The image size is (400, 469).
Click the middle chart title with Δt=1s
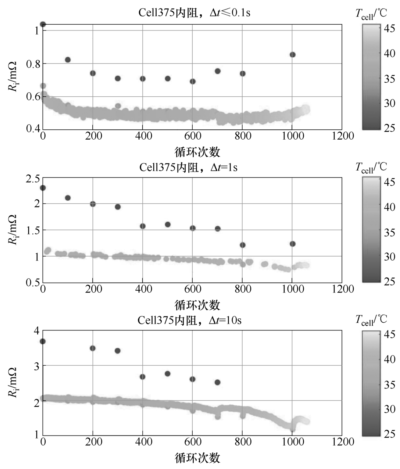tap(188, 167)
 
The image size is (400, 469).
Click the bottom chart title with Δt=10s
tap(189, 320)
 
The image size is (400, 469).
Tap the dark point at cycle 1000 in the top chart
tap(293, 55)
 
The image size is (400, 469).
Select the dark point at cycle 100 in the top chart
tap(68, 60)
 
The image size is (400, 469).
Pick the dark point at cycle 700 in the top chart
tap(218, 71)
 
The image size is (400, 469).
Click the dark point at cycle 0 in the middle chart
tap(43, 188)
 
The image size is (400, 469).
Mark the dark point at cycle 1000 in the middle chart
tap(293, 244)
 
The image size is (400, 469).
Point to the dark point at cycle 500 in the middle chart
tap(168, 225)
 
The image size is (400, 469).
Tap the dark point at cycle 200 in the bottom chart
tap(93, 348)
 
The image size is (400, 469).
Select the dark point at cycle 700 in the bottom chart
tap(218, 382)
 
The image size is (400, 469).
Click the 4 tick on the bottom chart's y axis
tap(36, 330)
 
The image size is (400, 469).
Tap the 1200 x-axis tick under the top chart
tap(342, 136)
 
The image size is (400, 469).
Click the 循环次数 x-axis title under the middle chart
tap(197, 305)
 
